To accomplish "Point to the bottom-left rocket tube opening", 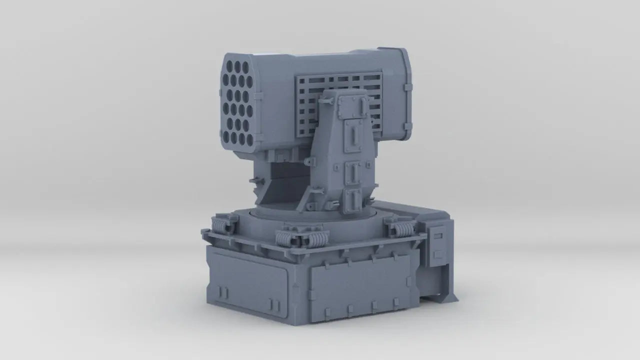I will [226, 135].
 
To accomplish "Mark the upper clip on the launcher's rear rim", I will [408, 88].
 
